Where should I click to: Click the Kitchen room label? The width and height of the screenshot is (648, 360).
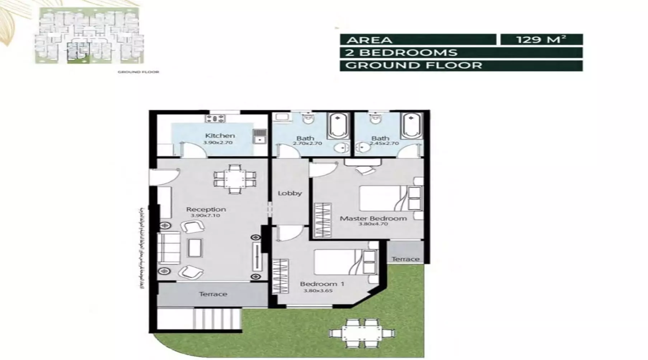click(220, 136)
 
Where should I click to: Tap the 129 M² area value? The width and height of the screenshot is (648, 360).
click(541, 39)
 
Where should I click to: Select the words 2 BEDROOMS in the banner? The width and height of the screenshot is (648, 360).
click(401, 53)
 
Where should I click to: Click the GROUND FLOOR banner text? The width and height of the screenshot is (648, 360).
click(414, 66)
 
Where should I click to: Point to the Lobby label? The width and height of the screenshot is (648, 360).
click(290, 193)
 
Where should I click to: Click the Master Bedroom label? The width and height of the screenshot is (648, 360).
click(373, 218)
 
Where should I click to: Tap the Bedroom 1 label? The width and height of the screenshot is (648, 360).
click(322, 284)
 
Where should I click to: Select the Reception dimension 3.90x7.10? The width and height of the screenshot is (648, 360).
click(206, 215)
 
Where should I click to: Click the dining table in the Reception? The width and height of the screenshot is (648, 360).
click(235, 179)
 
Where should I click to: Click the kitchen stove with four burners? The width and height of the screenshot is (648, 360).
click(215, 118)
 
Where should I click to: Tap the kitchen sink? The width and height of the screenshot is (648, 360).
click(259, 137)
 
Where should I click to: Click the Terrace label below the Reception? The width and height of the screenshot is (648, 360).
click(213, 294)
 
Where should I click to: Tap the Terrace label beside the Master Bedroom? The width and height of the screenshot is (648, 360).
click(405, 259)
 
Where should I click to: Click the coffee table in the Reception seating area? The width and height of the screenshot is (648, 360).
click(195, 248)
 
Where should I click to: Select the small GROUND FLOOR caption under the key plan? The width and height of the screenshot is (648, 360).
click(138, 72)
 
